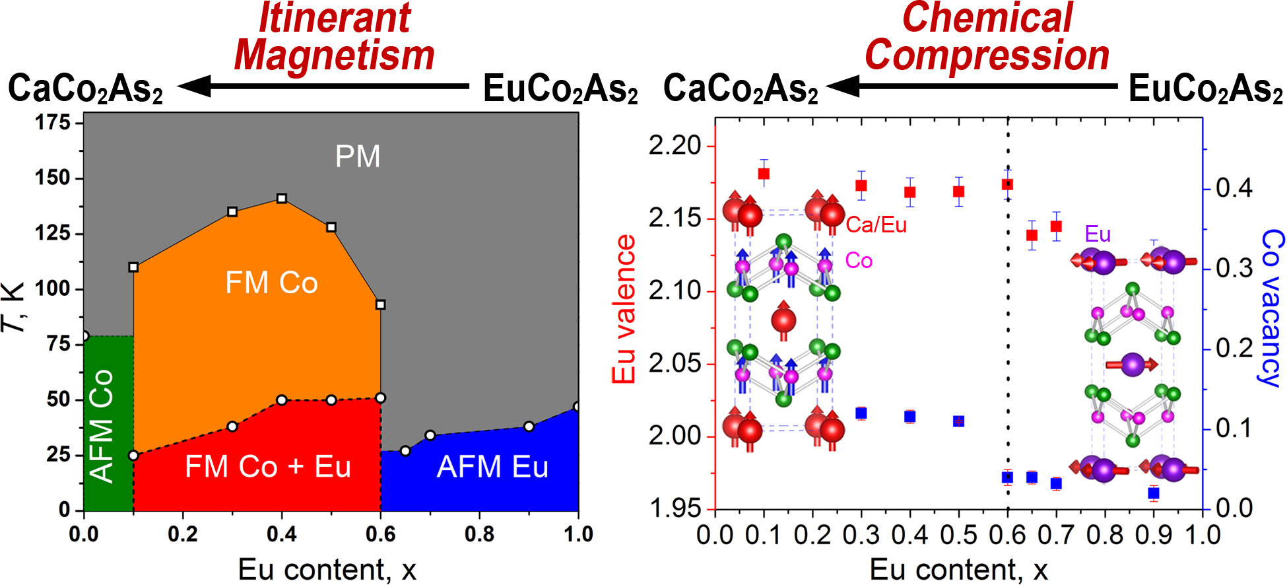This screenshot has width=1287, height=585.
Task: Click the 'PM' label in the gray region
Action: click(357, 156)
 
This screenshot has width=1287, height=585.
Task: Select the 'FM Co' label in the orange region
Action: click(271, 283)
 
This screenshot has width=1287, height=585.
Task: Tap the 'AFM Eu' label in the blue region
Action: click(492, 467)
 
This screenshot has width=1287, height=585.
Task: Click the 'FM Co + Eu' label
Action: click(267, 467)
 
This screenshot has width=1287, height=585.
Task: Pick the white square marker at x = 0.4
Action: click(282, 199)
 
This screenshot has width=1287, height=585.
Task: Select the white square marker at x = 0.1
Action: click(133, 267)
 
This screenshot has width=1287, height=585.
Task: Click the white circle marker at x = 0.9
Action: click(529, 427)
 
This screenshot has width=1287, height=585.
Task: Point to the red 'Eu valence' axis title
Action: click(624, 309)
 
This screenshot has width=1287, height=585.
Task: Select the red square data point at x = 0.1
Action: click(764, 174)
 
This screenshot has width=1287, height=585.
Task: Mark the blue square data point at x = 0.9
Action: click(1154, 493)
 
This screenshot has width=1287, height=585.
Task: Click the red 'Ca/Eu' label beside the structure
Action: click(876, 225)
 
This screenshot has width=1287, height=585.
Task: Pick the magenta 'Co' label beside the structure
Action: click(859, 261)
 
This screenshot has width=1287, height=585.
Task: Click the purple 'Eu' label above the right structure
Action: click(1097, 234)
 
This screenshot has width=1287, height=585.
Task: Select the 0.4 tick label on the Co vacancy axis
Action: click(1234, 189)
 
